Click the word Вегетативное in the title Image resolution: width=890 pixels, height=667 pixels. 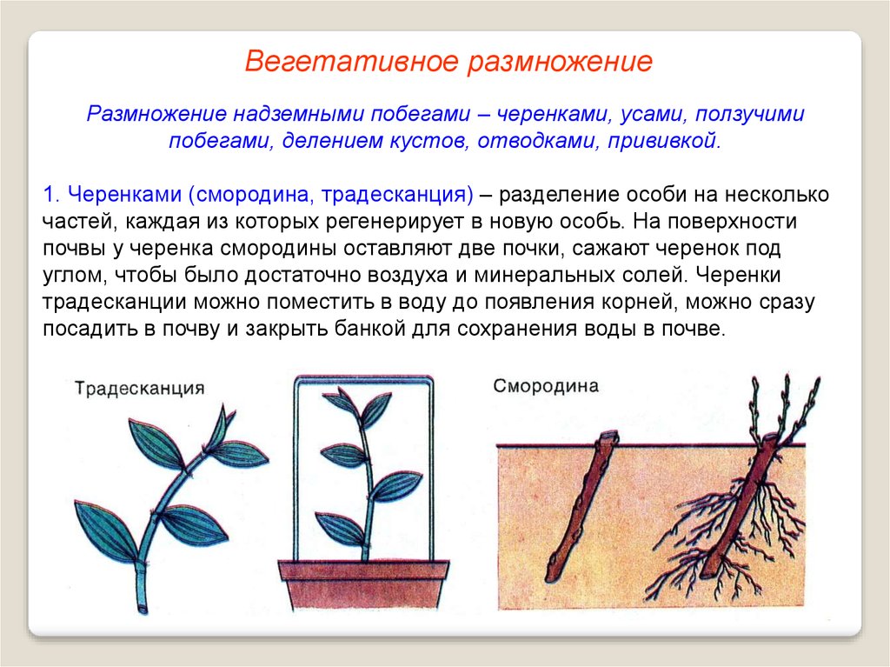[351, 62]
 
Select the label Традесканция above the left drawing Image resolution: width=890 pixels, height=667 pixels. [140, 389]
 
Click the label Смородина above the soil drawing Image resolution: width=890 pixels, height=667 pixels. [546, 386]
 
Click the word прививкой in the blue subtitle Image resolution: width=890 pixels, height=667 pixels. [664, 140]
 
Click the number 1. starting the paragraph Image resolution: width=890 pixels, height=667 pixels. [51, 194]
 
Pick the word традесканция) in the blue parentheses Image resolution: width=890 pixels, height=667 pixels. [396, 195]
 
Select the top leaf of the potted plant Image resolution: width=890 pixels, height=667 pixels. [341, 401]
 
